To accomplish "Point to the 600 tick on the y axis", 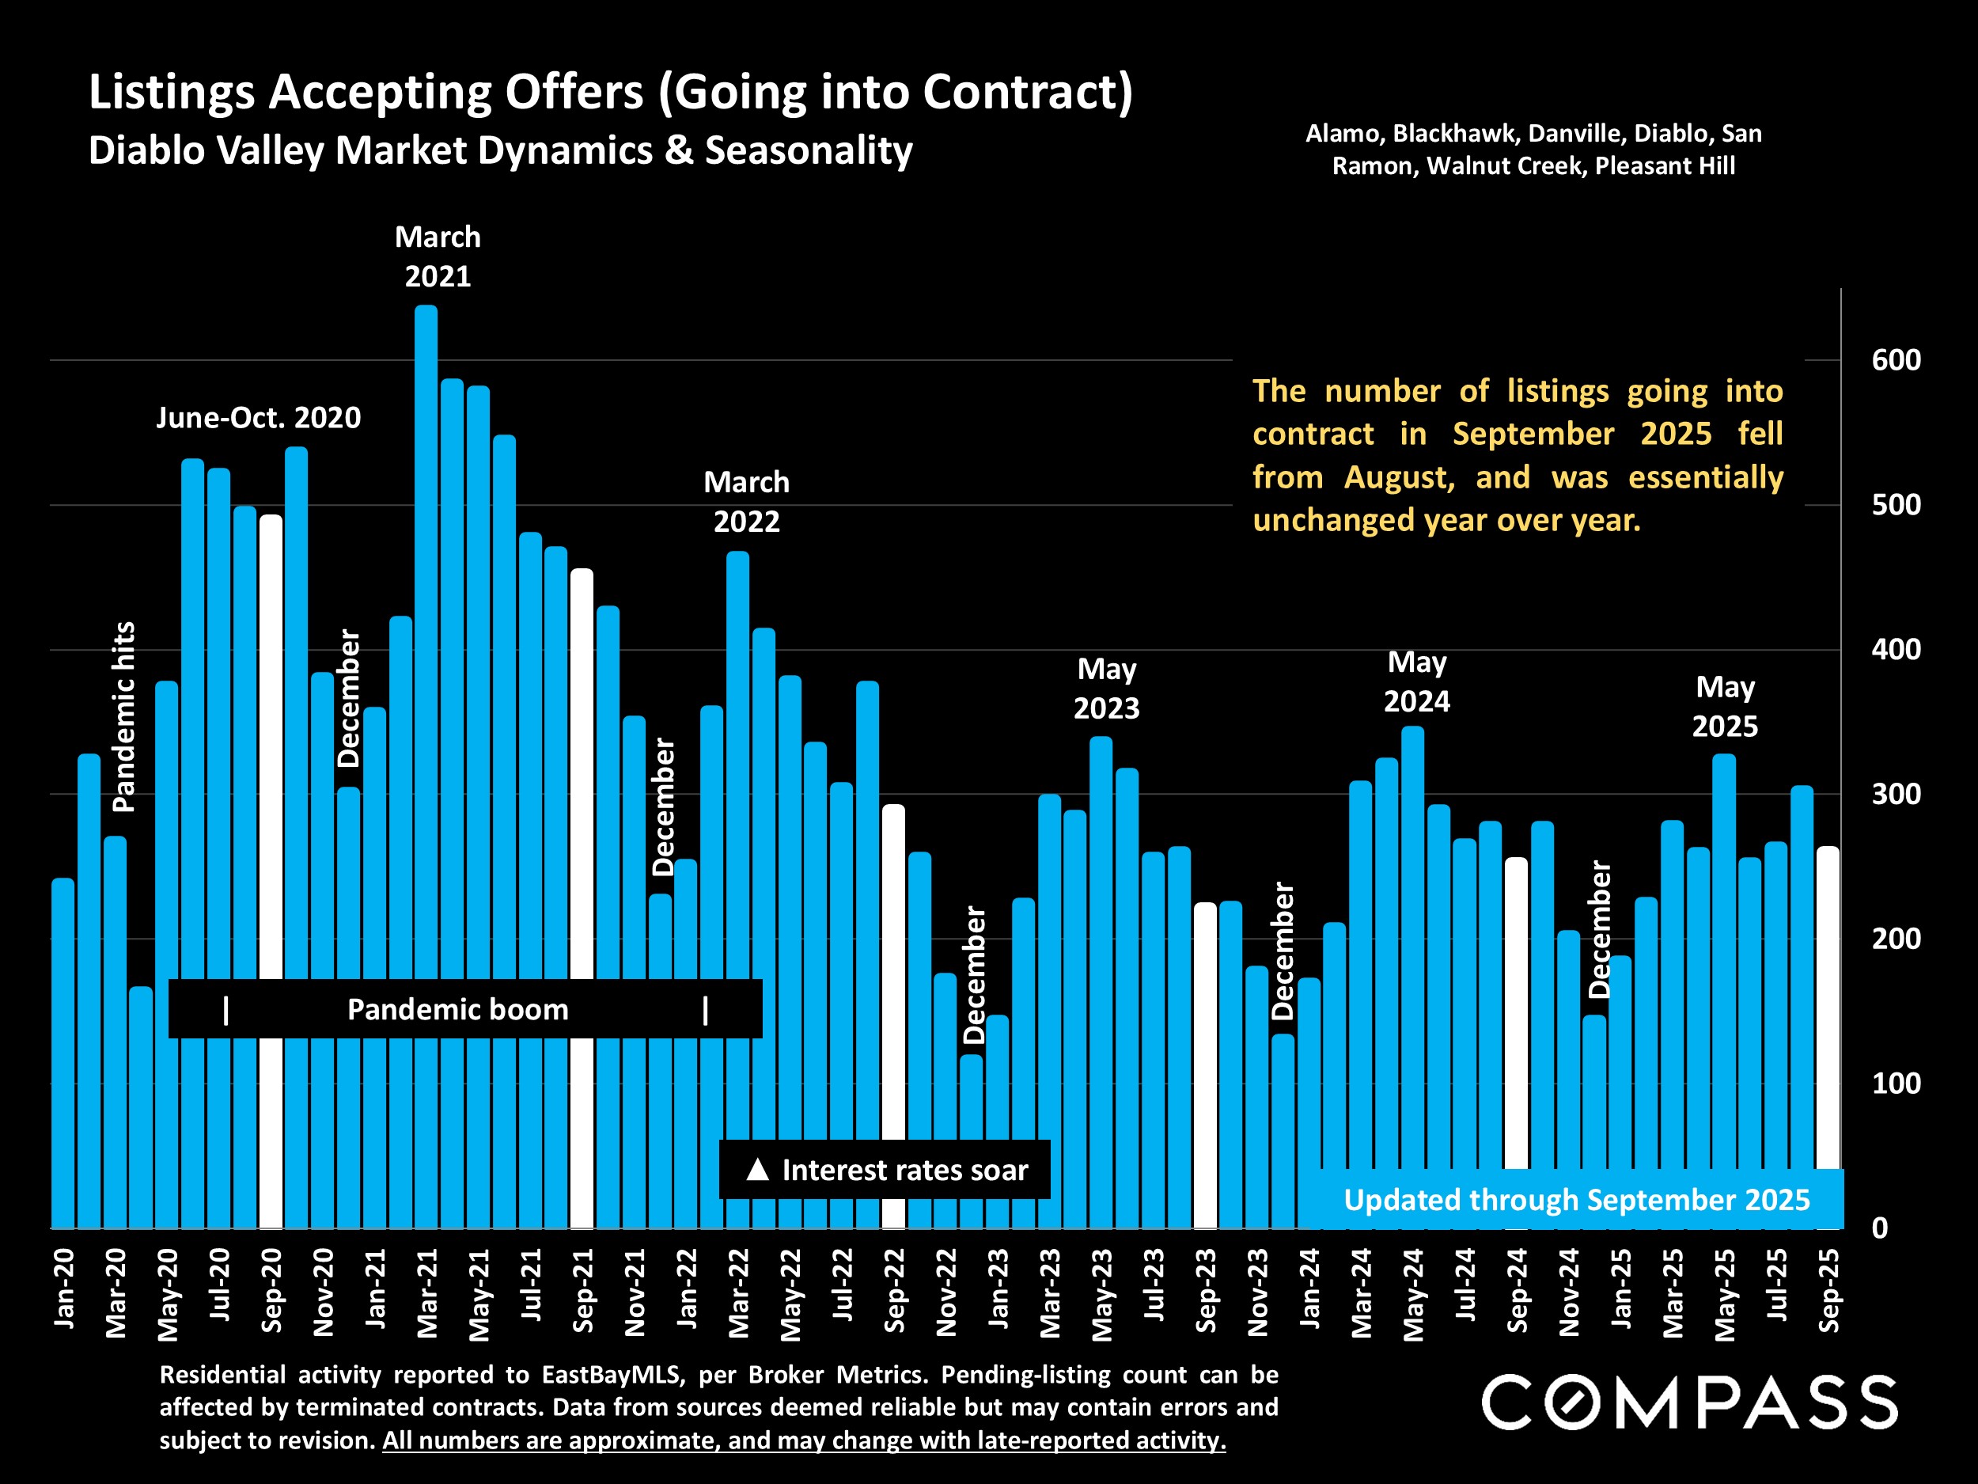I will (x=1896, y=360).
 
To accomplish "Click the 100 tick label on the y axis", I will (x=1896, y=1084).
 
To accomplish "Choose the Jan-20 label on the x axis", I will (x=64, y=1288).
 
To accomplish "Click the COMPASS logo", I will (x=1689, y=1402).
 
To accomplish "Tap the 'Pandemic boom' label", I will (x=458, y=1010).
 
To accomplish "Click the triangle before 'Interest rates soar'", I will (x=757, y=1169).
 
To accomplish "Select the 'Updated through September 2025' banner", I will (x=1577, y=1200).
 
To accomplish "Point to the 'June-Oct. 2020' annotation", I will (x=259, y=418).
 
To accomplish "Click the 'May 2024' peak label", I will (x=1416, y=681).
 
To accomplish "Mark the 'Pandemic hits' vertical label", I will (x=123, y=716).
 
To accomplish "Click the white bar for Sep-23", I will (x=1206, y=1065).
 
